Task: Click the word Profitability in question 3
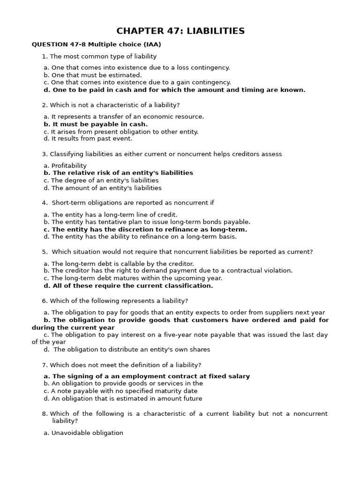(69, 165)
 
